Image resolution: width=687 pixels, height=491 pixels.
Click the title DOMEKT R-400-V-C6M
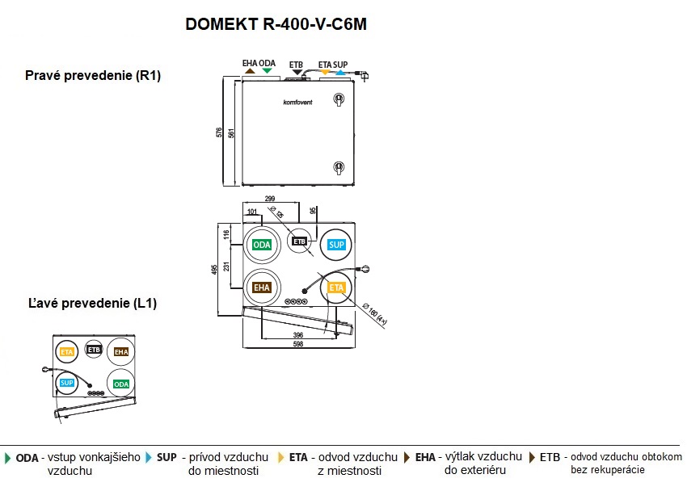(276, 24)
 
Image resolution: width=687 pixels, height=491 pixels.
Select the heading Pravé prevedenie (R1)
(94, 76)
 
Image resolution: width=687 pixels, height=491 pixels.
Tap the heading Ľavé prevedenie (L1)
(91, 304)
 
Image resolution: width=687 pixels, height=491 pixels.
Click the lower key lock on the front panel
(339, 167)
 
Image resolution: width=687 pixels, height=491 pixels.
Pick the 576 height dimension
(220, 133)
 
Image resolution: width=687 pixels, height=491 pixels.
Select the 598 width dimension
(298, 345)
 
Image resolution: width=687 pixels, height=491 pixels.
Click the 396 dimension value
(298, 335)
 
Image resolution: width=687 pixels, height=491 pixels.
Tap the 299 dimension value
(271, 199)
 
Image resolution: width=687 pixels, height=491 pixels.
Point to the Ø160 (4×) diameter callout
(377, 313)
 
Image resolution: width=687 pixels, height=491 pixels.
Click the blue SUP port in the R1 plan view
(336, 244)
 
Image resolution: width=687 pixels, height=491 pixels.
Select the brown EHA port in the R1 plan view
(262, 287)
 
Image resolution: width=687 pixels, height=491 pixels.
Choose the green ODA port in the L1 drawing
(121, 384)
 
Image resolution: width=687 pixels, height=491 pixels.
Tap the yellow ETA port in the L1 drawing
(67, 352)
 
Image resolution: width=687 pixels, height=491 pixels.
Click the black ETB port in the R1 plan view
(300, 241)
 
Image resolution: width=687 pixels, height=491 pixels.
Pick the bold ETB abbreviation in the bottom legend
(550, 457)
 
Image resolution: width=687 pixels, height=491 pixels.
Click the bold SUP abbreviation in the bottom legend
(166, 457)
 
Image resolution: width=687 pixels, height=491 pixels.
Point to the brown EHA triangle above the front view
(250, 71)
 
